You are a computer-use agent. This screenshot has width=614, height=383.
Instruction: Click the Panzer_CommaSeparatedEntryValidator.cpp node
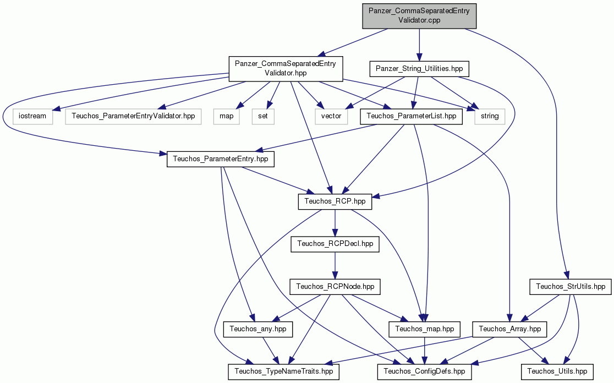pos(419,16)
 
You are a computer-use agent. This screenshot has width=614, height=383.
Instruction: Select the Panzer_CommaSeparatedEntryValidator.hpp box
pos(286,69)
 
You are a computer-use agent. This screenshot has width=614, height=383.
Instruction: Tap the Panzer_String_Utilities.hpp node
pos(419,69)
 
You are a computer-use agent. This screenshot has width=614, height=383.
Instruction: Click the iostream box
pos(32,116)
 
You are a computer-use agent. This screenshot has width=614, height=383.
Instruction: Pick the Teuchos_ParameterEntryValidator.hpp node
pos(133,116)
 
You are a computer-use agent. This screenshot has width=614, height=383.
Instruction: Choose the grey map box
pos(226,116)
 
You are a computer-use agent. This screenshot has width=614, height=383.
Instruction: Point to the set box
pos(263,116)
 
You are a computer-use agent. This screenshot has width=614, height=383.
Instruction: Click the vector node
pos(331,116)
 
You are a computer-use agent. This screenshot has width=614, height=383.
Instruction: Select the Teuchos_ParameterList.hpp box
pos(411,116)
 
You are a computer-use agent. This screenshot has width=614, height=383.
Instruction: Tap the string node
pos(490,116)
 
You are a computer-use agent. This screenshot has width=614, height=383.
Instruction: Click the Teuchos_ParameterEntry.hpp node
pos(221,159)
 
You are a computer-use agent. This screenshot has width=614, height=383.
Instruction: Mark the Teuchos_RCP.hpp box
pos(335,201)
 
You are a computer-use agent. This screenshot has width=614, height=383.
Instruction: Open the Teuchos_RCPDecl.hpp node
pos(335,244)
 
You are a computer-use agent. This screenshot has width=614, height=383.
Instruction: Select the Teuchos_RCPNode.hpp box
pos(335,287)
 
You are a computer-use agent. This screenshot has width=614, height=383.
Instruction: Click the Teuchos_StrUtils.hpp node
pos(571,287)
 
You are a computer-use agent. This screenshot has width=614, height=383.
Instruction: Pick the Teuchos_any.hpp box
pos(258,329)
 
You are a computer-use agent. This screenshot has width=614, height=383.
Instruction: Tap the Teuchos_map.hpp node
pos(425,329)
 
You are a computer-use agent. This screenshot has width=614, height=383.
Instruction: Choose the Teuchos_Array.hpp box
pos(509,329)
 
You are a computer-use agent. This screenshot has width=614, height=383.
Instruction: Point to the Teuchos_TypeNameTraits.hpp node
pos(284,371)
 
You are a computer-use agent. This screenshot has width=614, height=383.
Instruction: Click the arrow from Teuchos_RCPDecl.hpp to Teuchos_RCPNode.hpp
pos(335,265)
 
